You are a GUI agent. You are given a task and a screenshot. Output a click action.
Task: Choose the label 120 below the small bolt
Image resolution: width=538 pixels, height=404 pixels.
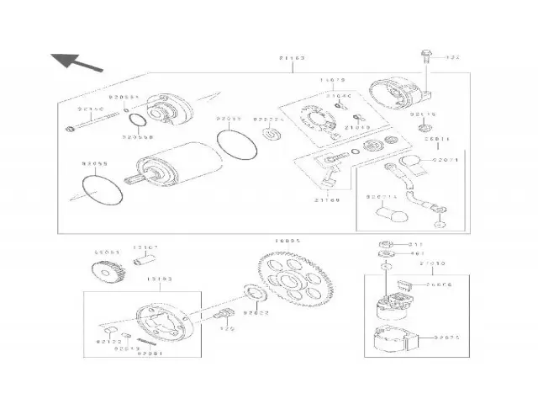(225, 331)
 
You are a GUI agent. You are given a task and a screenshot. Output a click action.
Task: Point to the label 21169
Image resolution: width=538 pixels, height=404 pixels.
(326, 200)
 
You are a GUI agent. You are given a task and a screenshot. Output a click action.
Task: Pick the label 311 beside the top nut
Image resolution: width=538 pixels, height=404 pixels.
(414, 244)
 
